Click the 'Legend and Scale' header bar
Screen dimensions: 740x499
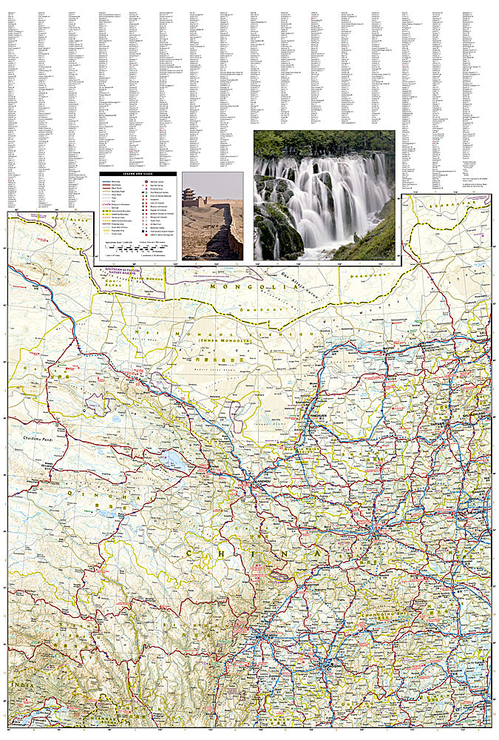[x=137, y=174]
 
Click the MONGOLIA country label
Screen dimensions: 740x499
[x=243, y=286]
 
